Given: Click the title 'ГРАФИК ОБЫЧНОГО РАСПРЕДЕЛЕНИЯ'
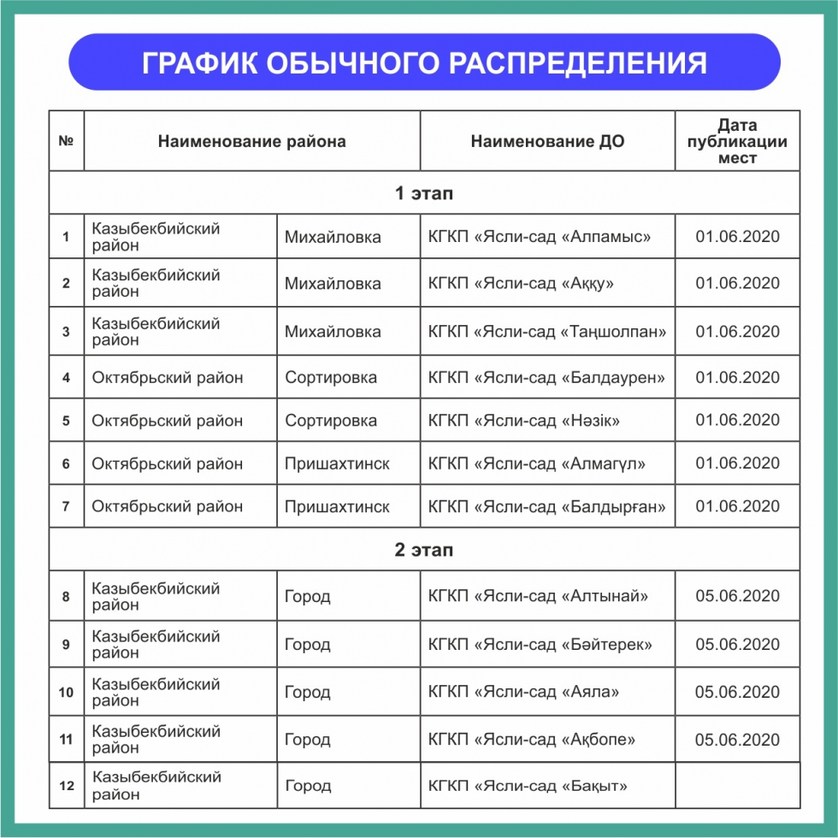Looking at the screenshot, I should click(x=424, y=62).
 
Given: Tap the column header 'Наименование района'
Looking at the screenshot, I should click(x=251, y=141).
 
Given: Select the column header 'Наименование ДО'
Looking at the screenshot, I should click(x=547, y=141).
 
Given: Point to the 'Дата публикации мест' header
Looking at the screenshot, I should click(x=737, y=141).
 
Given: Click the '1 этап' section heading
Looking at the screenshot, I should click(x=423, y=193).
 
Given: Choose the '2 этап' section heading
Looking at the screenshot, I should click(x=423, y=549).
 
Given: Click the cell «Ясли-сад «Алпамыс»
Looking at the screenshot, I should click(x=540, y=237).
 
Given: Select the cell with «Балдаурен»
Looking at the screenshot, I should click(x=546, y=377).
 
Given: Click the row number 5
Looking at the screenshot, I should click(x=66, y=421).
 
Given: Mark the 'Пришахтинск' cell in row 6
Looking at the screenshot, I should click(x=337, y=463).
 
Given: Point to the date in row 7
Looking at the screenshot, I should click(x=737, y=506).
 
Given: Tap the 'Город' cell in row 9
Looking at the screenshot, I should click(x=308, y=644).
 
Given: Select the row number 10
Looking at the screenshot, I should click(x=66, y=692).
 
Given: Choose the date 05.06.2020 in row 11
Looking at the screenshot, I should click(x=737, y=740).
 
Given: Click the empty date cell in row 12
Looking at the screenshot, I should click(x=737, y=786).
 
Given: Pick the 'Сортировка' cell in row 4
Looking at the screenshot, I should click(x=331, y=377).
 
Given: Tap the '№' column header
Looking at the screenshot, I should click(x=66, y=141).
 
